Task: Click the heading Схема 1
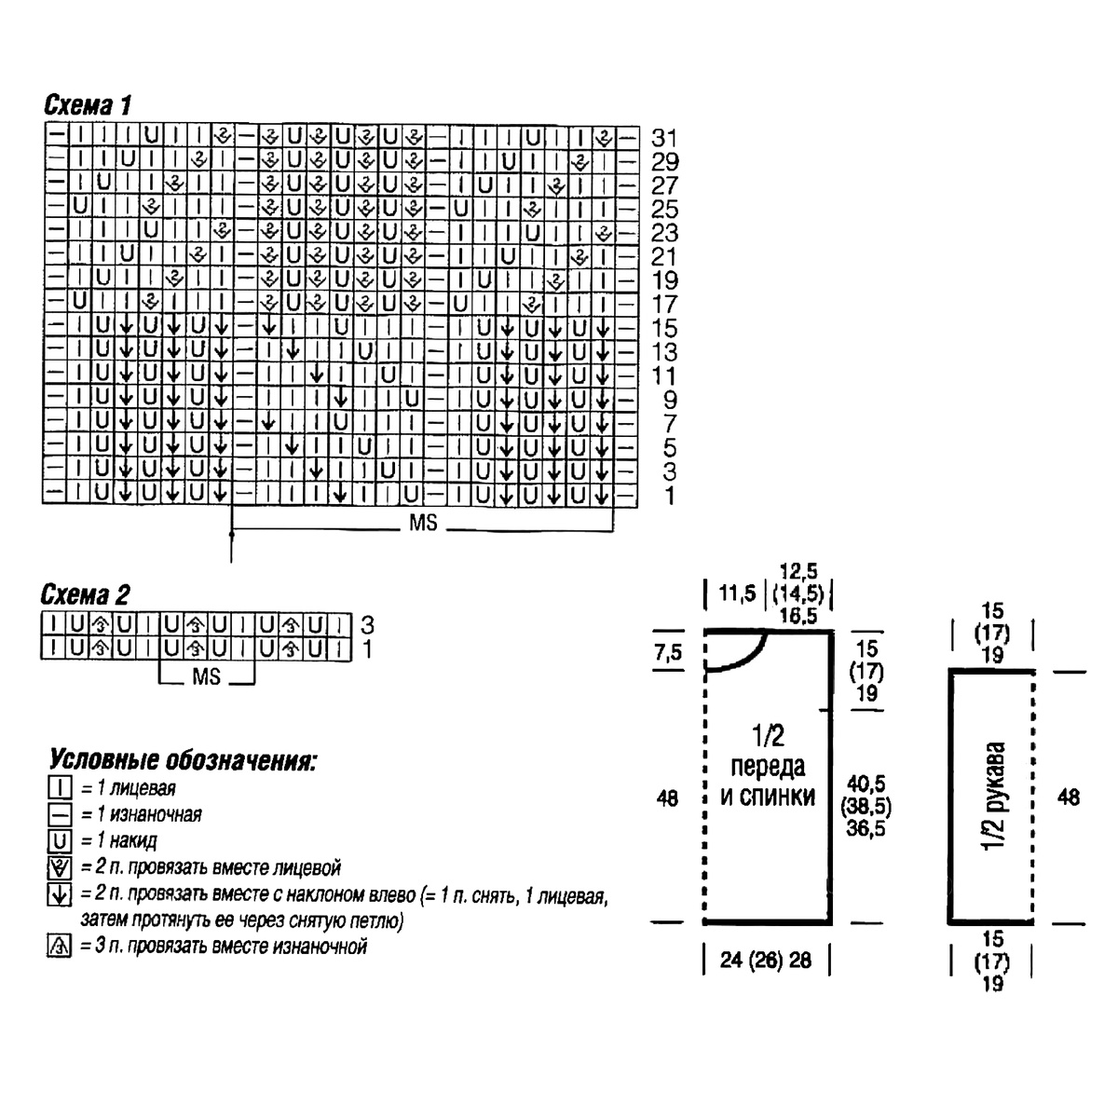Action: [x=89, y=105]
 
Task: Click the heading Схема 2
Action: [x=86, y=594]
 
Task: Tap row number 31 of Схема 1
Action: [x=664, y=138]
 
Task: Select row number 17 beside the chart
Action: [x=664, y=304]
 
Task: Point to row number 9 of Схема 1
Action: [x=670, y=400]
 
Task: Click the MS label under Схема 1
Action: [x=423, y=523]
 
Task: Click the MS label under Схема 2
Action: [x=207, y=675]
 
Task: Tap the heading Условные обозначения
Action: [x=183, y=760]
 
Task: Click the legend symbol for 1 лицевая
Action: [x=60, y=788]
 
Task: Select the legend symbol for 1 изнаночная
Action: [x=60, y=814]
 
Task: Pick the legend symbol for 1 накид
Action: [x=60, y=840]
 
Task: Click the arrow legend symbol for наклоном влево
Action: [x=60, y=894]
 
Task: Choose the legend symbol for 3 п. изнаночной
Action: [x=60, y=947]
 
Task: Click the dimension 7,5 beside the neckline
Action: [x=668, y=653]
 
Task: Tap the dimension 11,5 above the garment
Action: [x=737, y=593]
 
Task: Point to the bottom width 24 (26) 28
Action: [x=766, y=961]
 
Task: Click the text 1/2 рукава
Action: [x=994, y=796]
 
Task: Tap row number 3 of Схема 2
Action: [x=367, y=625]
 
